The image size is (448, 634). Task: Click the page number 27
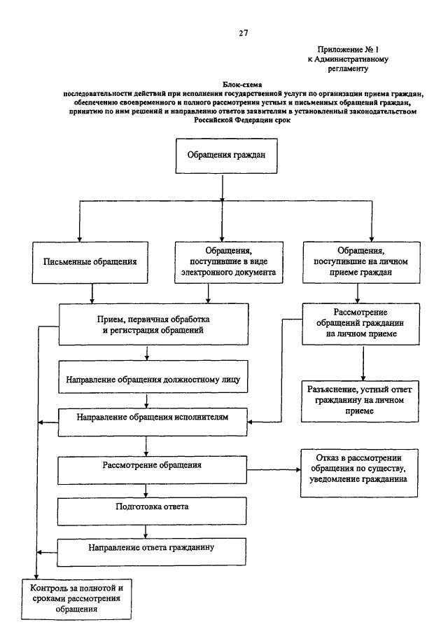pos(243,33)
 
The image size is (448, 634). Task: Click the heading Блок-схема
pos(242,85)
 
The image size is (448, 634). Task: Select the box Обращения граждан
pos(226,156)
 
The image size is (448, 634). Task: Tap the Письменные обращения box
pos(90,263)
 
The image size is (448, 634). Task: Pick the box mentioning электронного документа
pos(229,263)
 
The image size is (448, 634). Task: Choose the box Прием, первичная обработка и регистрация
pos(153,324)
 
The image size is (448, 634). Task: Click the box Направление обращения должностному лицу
pos(153,377)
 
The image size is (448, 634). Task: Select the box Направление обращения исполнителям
pos(153,422)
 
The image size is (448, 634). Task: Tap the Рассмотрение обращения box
pos(153,470)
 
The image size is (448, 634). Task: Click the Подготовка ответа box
pos(152,511)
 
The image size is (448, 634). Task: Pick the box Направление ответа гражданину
pos(151,552)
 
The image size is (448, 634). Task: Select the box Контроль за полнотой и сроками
pos(76,599)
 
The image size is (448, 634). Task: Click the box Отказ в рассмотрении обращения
pos(359,473)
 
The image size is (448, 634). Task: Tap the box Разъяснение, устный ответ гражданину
pos(360,401)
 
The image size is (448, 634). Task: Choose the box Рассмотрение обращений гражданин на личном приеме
pos(360,324)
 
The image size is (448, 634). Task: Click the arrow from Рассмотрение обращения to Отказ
pos(274,470)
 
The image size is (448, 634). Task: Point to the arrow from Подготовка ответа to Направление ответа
pos(146,532)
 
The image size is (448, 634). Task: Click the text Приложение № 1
pos(348,50)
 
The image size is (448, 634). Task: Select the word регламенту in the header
pos(348,69)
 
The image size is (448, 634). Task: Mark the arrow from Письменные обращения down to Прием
pos(92,294)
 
